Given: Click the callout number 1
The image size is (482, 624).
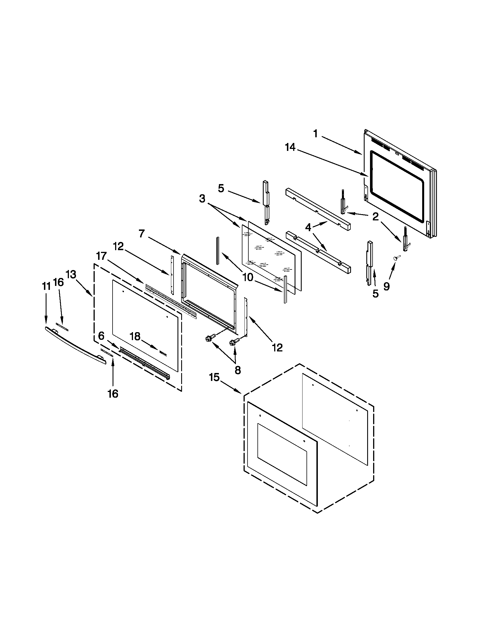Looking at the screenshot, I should (x=315, y=133).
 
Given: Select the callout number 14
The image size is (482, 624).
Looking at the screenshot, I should (x=290, y=148).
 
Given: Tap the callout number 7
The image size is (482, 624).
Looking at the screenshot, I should (x=142, y=234).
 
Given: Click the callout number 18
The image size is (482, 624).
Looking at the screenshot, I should (x=135, y=337).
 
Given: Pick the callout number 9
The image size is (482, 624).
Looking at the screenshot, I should (x=386, y=286).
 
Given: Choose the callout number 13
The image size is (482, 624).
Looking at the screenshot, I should (x=71, y=275).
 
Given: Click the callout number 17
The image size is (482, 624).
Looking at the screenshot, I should (x=102, y=256).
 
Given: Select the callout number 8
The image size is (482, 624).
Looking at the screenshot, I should (x=238, y=370).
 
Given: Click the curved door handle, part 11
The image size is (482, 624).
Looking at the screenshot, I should (x=76, y=346).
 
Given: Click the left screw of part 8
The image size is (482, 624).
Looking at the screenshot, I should (x=208, y=339).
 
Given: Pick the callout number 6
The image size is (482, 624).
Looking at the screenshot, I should (x=102, y=336).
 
